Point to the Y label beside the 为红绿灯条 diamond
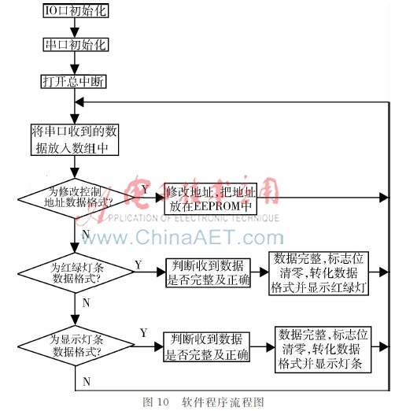point(138,264)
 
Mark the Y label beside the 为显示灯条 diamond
point(142,333)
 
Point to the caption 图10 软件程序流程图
point(197,402)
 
